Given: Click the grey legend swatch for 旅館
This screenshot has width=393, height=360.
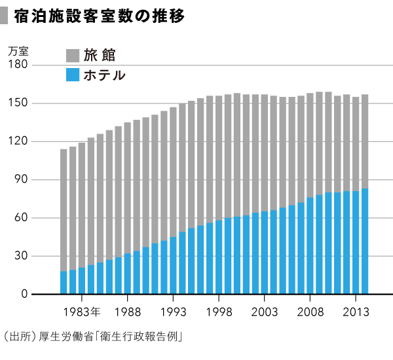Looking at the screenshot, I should tap(73, 56).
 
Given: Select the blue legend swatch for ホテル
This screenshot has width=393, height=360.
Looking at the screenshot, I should tap(73, 75).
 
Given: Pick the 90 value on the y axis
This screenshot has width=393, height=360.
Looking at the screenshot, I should tap(20, 180).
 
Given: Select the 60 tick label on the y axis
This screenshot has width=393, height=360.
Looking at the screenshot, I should tap(20, 218).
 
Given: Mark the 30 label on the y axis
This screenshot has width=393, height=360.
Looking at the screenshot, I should tap(20, 256).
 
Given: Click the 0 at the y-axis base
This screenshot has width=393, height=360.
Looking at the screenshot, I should tap(24, 295).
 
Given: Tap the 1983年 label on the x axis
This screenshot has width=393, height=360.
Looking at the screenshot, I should tap(82, 310).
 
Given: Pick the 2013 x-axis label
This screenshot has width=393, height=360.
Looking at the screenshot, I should tap(356, 310).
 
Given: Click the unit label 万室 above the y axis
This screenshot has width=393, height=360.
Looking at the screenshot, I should tap(18, 50).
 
